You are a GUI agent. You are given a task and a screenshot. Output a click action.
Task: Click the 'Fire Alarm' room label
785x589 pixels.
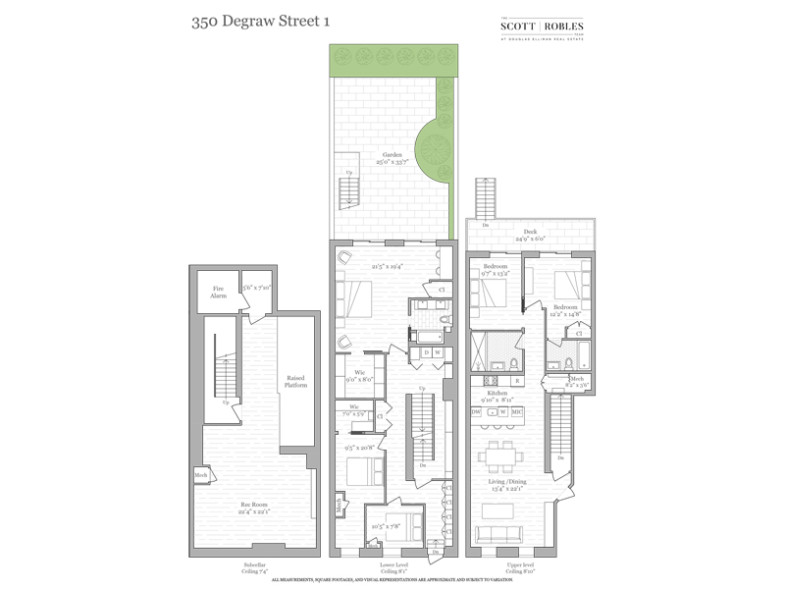[218, 292]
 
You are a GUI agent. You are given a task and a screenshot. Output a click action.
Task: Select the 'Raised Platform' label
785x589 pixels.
[296, 381]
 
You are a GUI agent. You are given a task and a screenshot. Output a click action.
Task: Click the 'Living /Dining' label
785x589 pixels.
[511, 482]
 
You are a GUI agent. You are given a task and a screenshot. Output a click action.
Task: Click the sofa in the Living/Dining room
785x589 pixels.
[506, 535]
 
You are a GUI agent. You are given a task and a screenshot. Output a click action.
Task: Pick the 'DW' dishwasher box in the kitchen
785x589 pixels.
[476, 412]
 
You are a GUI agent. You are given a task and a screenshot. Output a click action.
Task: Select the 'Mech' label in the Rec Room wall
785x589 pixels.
[201, 475]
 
